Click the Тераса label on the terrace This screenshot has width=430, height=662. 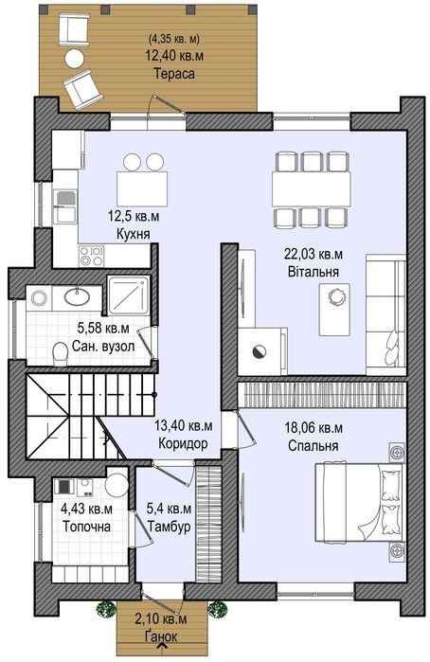pos(174,74)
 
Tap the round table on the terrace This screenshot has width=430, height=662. pos(75,58)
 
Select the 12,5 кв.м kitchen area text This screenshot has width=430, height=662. pos(134,217)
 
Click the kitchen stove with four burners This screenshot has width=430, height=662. pos(92,256)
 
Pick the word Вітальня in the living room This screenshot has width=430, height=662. pos(314,271)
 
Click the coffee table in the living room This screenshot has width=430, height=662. pos(334,309)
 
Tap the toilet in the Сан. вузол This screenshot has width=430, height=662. pos(62,354)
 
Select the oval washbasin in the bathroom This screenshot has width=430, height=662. pos(77,295)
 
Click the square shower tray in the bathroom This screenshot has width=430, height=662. pos(128,295)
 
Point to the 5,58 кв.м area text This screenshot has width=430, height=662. pos(103,327)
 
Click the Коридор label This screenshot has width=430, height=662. pos(184,444)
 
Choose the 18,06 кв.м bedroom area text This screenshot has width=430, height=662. pos(314,428)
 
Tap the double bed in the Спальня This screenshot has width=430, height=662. pos(360,502)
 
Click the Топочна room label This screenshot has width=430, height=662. pos(86,527)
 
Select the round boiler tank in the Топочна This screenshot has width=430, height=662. pos(116,485)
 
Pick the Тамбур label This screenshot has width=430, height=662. pos(169,527)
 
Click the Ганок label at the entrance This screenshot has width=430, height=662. pos(162,636)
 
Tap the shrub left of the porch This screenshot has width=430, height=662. pos(105,610)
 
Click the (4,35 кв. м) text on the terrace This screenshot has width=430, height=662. pos(174,39)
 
